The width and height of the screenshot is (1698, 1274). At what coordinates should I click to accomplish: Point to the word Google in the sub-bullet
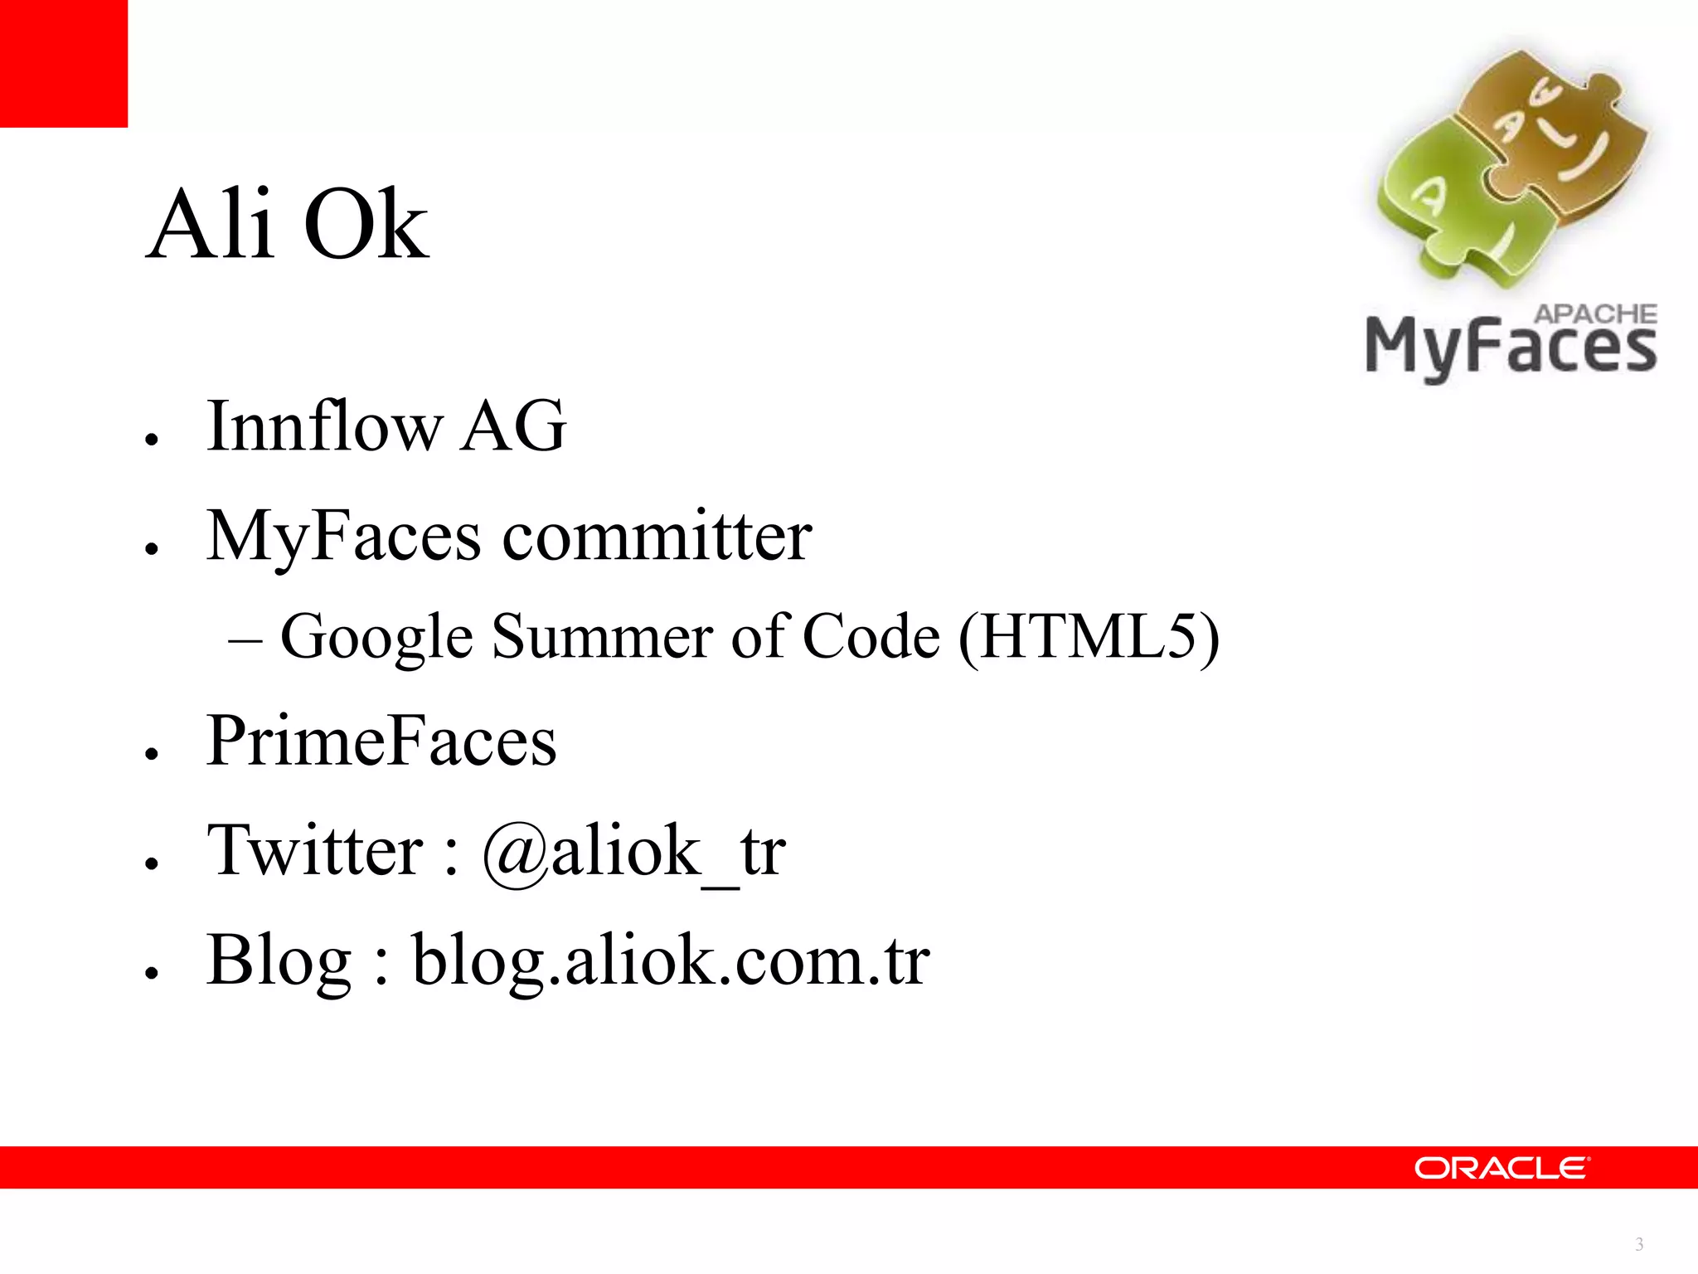pyautogui.click(x=376, y=637)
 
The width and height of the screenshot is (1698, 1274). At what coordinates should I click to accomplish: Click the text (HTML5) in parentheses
pyautogui.click(x=1089, y=637)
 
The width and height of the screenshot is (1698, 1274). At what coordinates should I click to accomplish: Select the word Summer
pyautogui.click(x=602, y=637)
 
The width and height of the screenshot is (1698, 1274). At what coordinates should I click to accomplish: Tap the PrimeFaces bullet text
pyautogui.click(x=381, y=740)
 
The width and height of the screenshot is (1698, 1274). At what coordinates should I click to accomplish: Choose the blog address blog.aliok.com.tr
pyautogui.click(x=671, y=960)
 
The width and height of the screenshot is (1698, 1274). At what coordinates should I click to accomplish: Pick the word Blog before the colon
pyautogui.click(x=279, y=960)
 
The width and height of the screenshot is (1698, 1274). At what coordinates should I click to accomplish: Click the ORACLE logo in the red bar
pyautogui.click(x=1502, y=1168)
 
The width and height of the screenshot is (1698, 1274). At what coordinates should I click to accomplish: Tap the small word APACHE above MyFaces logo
pyautogui.click(x=1595, y=314)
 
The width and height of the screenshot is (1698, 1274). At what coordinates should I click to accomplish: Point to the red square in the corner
pyautogui.click(x=64, y=64)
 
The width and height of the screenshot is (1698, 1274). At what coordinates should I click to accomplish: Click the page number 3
pyautogui.click(x=1639, y=1244)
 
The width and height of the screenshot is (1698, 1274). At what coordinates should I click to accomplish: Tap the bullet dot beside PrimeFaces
pyautogui.click(x=151, y=753)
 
